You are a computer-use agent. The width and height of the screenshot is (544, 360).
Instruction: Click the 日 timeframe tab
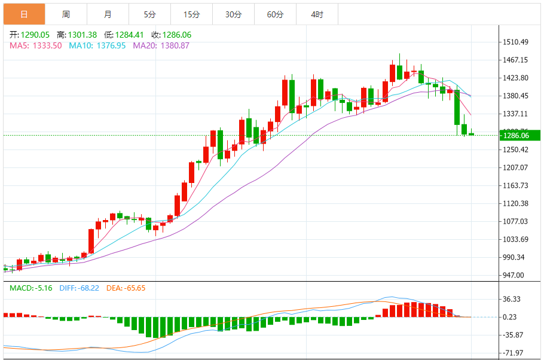24,14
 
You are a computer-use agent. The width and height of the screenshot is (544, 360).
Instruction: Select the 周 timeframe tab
66,14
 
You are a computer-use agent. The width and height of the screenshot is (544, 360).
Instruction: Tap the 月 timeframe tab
108,14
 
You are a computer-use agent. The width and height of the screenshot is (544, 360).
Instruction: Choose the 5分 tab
149,14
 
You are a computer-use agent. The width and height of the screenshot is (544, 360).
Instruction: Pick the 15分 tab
191,14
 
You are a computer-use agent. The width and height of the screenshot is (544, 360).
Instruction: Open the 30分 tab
233,14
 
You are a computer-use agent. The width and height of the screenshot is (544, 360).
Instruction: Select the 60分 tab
275,14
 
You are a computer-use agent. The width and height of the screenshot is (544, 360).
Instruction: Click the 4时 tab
317,14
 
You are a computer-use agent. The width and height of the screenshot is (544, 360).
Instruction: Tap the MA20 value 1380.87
173,45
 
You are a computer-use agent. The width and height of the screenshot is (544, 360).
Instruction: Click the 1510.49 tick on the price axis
515,42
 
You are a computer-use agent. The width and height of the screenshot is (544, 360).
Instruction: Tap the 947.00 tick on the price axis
514,275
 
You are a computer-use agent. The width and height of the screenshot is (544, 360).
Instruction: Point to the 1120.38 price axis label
515,203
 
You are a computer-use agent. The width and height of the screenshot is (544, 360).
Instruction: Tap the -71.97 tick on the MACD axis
513,353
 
